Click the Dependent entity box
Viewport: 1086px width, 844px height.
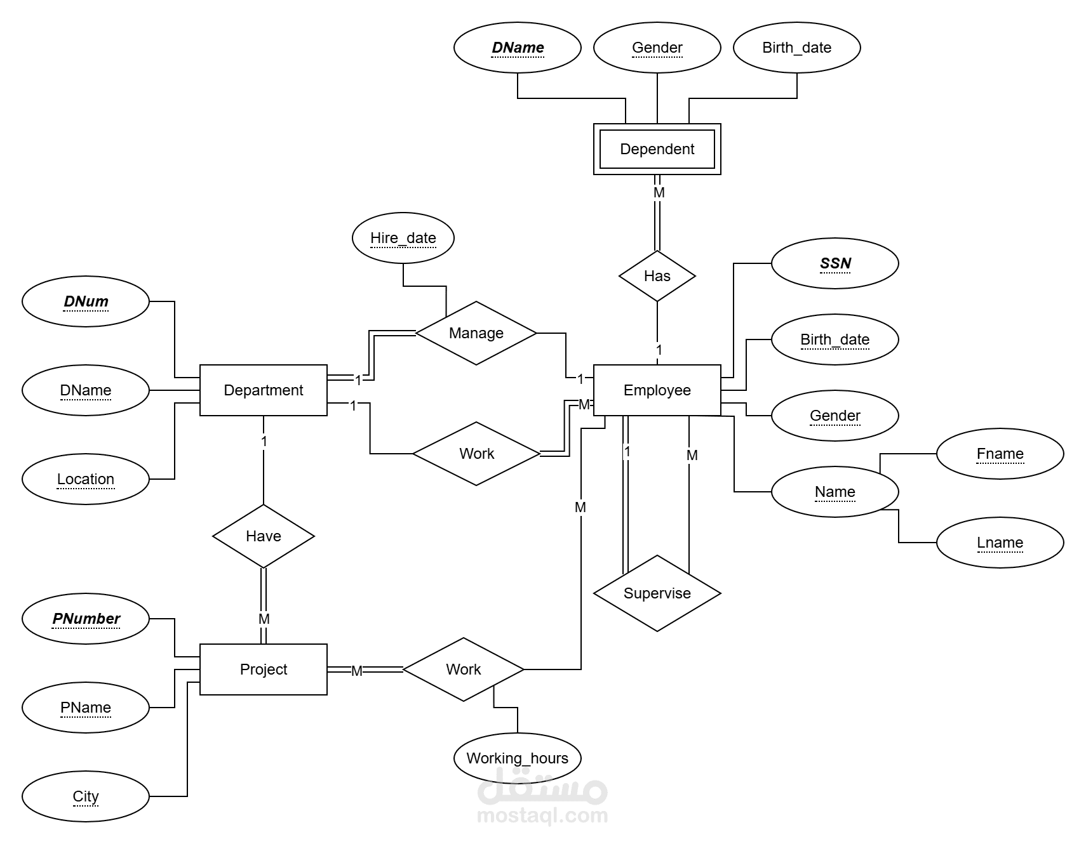coord(657,149)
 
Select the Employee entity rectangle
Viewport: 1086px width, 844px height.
coord(657,390)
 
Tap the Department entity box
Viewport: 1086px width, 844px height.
coord(263,390)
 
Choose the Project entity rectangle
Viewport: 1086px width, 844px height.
coord(263,669)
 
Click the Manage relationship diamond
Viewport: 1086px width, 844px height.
coord(476,333)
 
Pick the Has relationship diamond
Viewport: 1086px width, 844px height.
coord(657,276)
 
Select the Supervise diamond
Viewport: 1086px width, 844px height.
coord(657,593)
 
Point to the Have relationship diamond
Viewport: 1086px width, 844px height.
coord(263,536)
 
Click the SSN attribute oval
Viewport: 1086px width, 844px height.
coord(835,263)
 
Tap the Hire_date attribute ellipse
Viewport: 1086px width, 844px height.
coord(403,238)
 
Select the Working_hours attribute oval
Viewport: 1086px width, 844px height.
coord(517,758)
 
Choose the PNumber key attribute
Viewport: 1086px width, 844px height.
coord(86,619)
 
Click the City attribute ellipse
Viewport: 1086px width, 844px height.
coord(86,796)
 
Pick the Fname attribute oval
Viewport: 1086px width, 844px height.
coord(1000,454)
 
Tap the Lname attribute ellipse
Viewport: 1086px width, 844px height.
coord(1000,543)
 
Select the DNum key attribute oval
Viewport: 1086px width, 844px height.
coord(86,301)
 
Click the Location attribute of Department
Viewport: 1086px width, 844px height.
coord(86,479)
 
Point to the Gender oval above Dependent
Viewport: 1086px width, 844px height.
coord(657,48)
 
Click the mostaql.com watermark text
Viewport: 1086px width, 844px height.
coord(542,815)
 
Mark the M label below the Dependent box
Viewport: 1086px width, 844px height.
coord(659,192)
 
